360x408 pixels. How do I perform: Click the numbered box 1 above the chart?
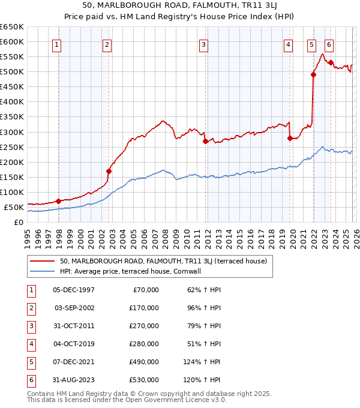(x=56, y=44)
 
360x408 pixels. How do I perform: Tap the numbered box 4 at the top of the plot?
(x=289, y=44)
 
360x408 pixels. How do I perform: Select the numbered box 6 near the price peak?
(x=329, y=44)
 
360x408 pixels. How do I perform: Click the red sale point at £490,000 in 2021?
(x=313, y=74)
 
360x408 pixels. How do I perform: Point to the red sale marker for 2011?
(x=205, y=141)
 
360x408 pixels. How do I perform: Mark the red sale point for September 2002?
(x=109, y=171)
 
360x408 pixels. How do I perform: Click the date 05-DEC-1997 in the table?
(x=73, y=290)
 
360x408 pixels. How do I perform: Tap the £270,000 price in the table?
(x=145, y=326)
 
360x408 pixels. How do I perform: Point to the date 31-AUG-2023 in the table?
(x=73, y=380)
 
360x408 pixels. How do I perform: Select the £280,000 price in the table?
(x=145, y=344)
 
